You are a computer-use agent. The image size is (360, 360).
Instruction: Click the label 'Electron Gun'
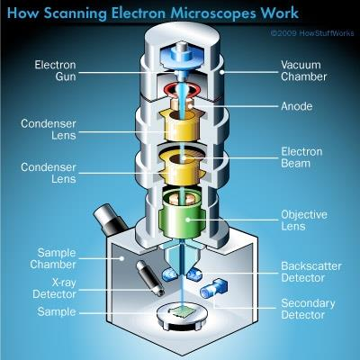point(55,71)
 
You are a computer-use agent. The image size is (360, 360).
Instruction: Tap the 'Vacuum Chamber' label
point(303,71)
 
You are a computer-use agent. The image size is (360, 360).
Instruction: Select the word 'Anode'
point(297,106)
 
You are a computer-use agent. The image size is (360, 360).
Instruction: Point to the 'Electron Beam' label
point(301,157)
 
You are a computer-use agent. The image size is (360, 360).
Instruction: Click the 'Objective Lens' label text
point(304,220)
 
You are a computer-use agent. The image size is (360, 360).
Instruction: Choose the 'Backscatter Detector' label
point(311,272)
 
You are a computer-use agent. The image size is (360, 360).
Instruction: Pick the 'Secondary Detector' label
point(308,309)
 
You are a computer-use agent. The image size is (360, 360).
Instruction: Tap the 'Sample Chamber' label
point(53,258)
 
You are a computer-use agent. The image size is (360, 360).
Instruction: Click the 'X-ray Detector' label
point(54,288)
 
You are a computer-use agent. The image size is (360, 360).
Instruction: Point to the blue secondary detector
point(213,288)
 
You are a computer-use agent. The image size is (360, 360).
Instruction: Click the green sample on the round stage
point(182,312)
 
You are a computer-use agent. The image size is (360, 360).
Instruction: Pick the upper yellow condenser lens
point(182,125)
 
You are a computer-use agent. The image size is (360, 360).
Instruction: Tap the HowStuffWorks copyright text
point(312,33)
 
